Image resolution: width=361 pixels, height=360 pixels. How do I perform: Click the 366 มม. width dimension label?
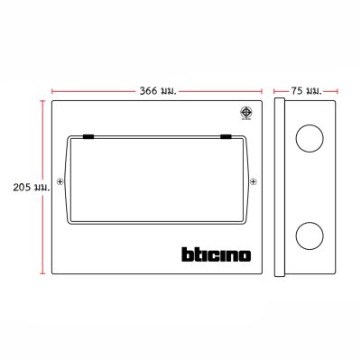click(156, 91)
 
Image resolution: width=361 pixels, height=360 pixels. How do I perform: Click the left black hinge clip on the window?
click(89, 137)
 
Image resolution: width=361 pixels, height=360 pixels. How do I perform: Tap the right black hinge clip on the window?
click(226, 137)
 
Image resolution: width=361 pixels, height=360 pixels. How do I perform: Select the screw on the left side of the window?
click(60, 181)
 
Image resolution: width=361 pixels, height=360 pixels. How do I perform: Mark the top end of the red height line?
click(42, 102)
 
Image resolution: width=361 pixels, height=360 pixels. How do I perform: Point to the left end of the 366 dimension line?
click(51, 91)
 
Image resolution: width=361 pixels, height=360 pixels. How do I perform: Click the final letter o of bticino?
click(245, 257)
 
